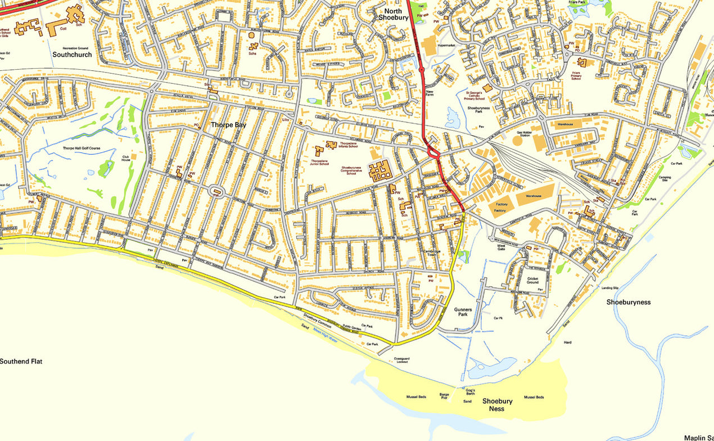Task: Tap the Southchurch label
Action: pos(72,55)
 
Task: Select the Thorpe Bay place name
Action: pos(228,125)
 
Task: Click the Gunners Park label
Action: pos(463,312)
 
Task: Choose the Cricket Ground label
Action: pos(532,280)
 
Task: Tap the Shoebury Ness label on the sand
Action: pos(497,405)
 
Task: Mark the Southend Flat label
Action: pos(21,361)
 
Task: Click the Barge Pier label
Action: pos(444,397)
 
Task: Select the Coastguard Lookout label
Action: pos(401,360)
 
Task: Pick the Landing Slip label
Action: pos(609,288)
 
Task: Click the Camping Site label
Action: pos(665,178)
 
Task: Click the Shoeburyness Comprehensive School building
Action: pos(380,169)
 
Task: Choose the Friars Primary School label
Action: pos(576,75)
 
